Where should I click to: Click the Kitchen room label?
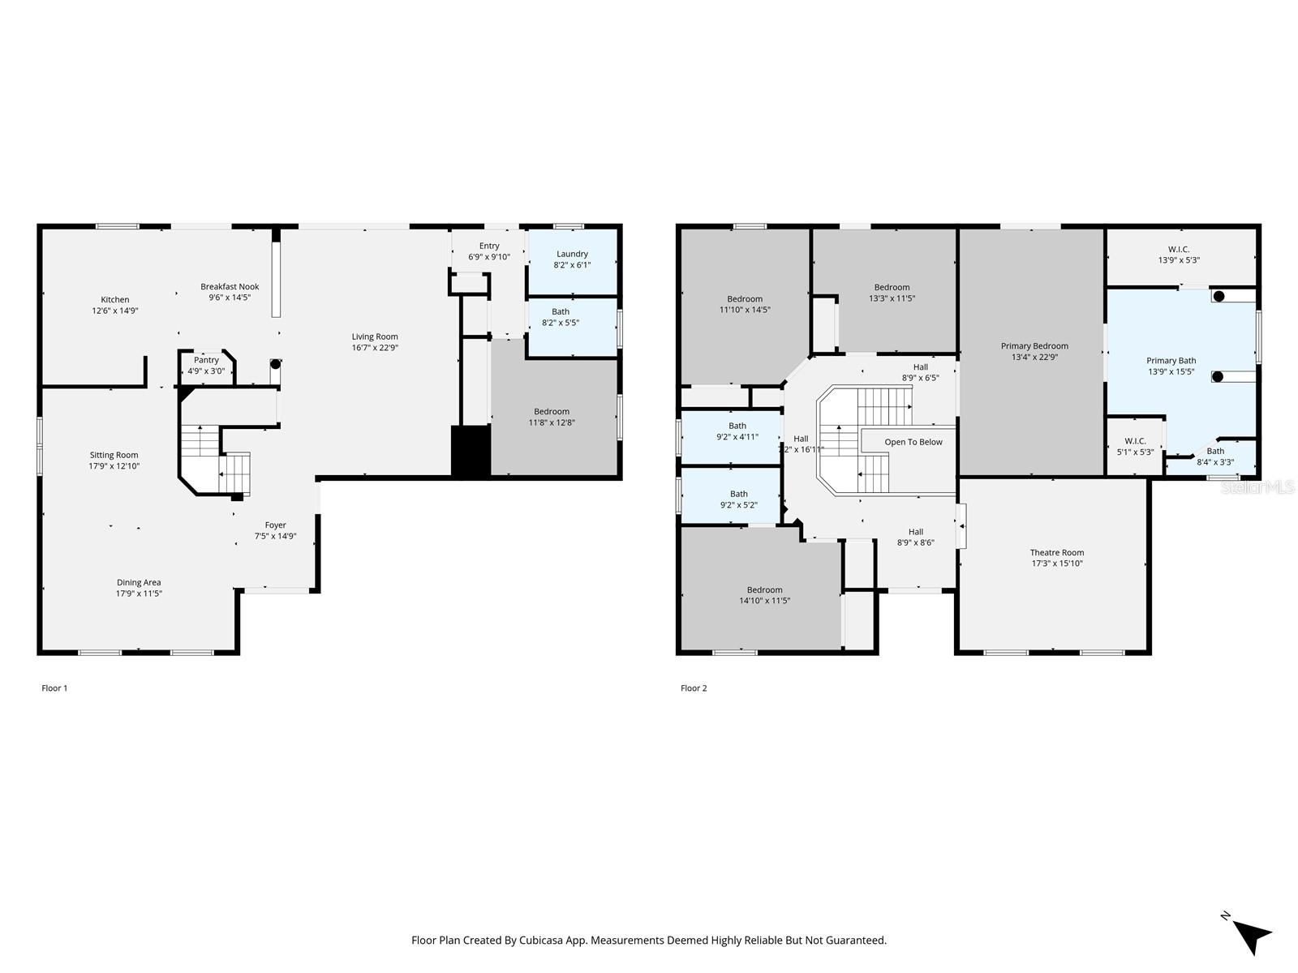pyautogui.click(x=115, y=300)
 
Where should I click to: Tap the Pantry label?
pyautogui.click(x=206, y=360)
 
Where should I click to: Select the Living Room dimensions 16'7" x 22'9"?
pyautogui.click(x=375, y=348)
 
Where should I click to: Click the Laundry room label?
pyautogui.click(x=572, y=254)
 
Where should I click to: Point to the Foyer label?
pyautogui.click(x=275, y=525)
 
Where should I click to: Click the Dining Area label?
pyautogui.click(x=139, y=582)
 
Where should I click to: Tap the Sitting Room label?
pyautogui.click(x=114, y=455)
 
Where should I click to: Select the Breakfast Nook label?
pyautogui.click(x=230, y=286)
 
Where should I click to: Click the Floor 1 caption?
pyautogui.click(x=54, y=688)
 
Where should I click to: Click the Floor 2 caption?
pyautogui.click(x=694, y=688)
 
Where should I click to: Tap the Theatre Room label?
pyautogui.click(x=1057, y=552)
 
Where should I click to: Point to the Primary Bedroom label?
pyautogui.click(x=1034, y=346)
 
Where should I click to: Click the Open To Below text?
pyautogui.click(x=913, y=442)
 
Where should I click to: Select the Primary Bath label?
pyautogui.click(x=1171, y=361)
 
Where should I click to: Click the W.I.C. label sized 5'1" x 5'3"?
pyautogui.click(x=1135, y=441)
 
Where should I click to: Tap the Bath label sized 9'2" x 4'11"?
pyautogui.click(x=737, y=426)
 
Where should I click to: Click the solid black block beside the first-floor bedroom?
pyautogui.click(x=471, y=452)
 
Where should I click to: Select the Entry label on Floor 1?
pyautogui.click(x=489, y=246)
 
